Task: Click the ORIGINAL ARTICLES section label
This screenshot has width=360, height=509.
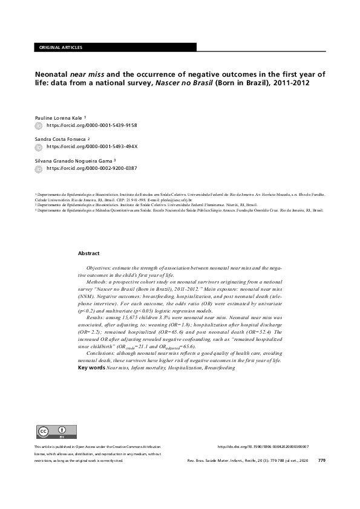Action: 60,47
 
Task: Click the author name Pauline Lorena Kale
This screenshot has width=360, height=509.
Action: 61,118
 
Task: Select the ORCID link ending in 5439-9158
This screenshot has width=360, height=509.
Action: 92,125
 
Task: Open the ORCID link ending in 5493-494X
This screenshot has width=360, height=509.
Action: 92,146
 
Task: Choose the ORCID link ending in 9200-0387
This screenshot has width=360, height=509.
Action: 92,167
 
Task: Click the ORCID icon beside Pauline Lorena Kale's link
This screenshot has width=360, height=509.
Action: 39,125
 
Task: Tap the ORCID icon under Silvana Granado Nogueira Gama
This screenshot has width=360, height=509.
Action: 39,167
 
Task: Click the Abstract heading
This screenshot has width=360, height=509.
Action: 89,253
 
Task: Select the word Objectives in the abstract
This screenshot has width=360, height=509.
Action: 100,267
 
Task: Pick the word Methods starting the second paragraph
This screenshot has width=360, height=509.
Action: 97,282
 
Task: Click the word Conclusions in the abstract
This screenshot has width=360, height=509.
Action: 101,354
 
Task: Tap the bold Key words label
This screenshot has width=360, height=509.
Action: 91,368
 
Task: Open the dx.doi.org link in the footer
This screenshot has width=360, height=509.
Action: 263,447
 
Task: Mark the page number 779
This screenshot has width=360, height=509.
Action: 321,461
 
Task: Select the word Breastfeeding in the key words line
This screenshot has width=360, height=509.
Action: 220,368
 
